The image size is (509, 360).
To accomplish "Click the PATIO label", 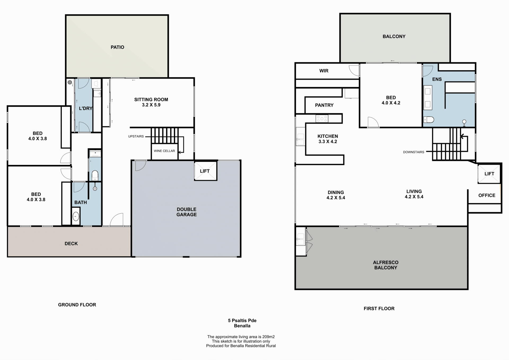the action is (x=117, y=47).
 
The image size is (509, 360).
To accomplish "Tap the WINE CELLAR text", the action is (x=164, y=151).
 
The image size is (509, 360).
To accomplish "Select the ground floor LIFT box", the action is (x=206, y=171).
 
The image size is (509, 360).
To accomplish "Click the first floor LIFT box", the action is (x=489, y=174).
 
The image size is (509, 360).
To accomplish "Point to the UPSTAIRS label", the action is (x=136, y=136).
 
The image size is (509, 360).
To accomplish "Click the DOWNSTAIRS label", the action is (x=414, y=152).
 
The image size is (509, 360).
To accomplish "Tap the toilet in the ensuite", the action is (x=428, y=120).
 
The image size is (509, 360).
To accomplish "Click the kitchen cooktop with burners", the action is (x=322, y=119).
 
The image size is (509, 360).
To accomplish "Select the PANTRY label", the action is (x=324, y=105).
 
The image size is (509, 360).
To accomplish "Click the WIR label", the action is (x=324, y=71).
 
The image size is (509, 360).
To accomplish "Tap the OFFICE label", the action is (x=487, y=196).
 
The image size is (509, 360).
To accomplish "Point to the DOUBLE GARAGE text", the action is (x=187, y=212).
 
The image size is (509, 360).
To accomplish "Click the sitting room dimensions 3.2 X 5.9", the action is (x=151, y=105).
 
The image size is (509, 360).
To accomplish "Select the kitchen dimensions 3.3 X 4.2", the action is (x=328, y=142).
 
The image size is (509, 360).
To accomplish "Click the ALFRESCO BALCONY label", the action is (x=386, y=265).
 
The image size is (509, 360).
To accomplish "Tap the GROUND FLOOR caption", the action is (x=77, y=305).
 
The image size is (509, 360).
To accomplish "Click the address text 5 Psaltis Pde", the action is (x=242, y=320).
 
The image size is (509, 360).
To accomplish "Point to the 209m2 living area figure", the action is (x=268, y=337).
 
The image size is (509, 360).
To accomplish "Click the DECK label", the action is (x=71, y=244).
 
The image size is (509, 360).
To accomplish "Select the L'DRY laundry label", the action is (x=86, y=108).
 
